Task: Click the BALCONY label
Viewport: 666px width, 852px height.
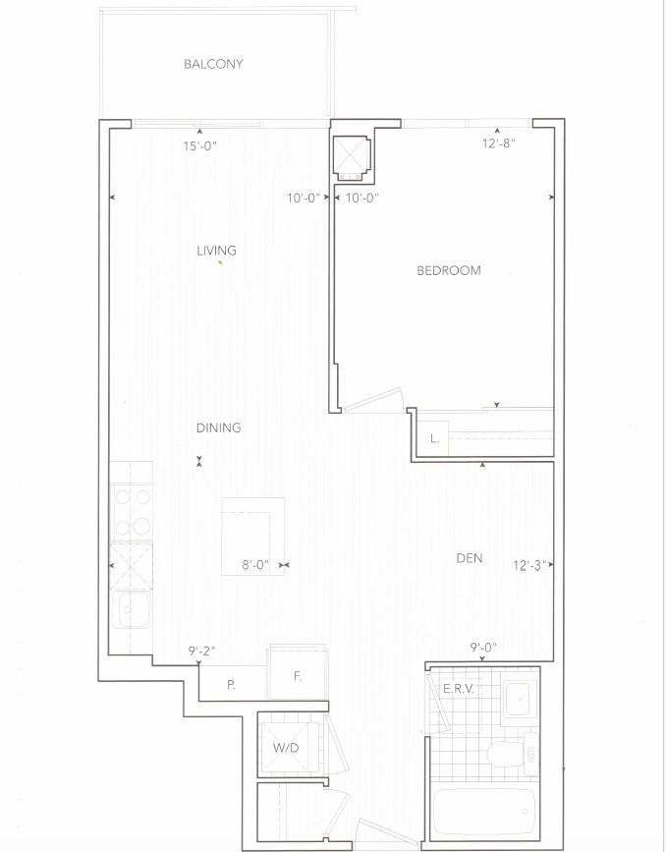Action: (213, 64)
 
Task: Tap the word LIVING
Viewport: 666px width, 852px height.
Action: (216, 251)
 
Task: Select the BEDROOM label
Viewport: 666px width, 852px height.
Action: (449, 270)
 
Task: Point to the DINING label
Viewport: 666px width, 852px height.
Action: (218, 428)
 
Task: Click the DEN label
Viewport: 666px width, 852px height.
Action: (470, 558)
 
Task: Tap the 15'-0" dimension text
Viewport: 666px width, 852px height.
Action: (200, 146)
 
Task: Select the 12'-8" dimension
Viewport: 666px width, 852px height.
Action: (498, 144)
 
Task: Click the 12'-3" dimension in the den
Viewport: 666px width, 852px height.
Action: (529, 566)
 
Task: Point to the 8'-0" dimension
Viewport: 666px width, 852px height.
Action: (255, 566)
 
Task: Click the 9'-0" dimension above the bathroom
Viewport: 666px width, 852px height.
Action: (483, 648)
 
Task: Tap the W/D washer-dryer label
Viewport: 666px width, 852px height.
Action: (286, 748)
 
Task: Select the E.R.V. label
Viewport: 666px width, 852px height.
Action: (459, 690)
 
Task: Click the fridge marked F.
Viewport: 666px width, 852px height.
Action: (298, 674)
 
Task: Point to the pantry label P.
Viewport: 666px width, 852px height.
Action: (232, 686)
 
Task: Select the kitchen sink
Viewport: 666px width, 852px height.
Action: (131, 609)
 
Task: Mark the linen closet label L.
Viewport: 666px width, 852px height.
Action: (434, 439)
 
